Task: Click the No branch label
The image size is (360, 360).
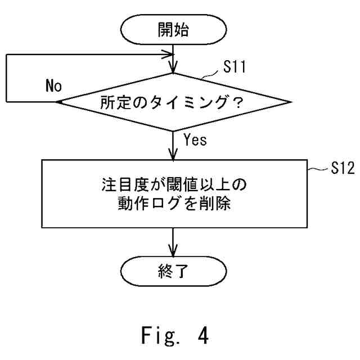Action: click(53, 87)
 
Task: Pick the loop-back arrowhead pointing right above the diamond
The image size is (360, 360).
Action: click(171, 55)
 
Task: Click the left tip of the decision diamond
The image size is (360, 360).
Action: click(58, 102)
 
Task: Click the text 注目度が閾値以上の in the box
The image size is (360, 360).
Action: click(175, 184)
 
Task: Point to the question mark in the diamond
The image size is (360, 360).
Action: click(246, 103)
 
